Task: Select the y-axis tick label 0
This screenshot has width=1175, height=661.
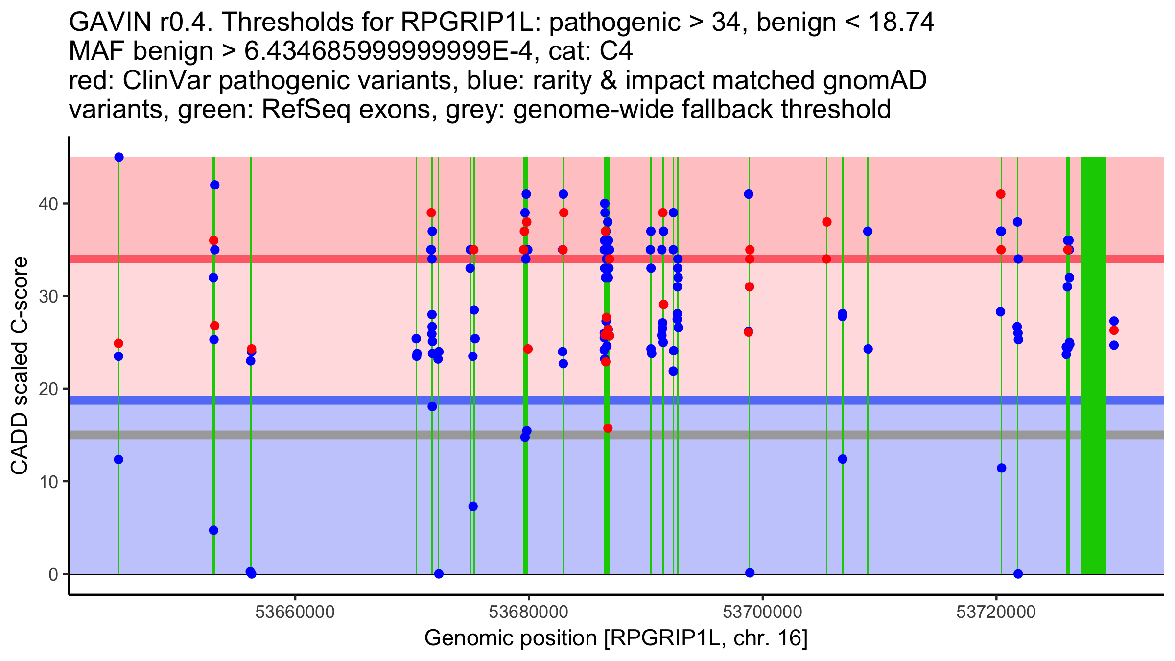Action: click(53, 574)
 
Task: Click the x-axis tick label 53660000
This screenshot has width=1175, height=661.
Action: click(295, 612)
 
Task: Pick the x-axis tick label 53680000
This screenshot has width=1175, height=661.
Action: click(529, 612)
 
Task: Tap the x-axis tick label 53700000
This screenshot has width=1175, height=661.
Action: click(762, 612)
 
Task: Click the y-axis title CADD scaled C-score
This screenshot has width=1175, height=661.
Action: click(20, 366)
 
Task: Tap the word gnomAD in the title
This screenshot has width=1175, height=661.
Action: click(874, 80)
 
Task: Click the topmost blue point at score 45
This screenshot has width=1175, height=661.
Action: click(119, 157)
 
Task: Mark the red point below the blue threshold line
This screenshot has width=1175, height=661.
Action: click(608, 428)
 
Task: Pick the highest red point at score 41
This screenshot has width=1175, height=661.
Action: click(1001, 194)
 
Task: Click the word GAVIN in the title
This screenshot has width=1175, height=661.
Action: click(110, 23)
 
